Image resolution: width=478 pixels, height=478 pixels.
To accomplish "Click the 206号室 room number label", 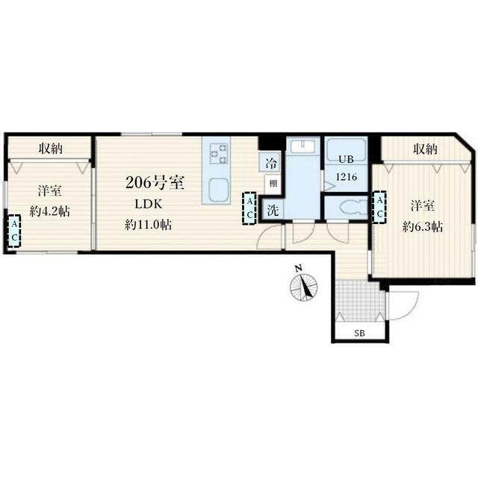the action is click(155, 182).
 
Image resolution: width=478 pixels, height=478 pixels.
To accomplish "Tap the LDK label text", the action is click(149, 204).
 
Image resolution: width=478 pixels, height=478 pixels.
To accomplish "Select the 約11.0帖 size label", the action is click(148, 225).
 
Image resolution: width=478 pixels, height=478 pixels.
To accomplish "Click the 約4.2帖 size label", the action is click(50, 211).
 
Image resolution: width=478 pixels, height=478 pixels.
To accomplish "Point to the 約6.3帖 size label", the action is click(422, 227).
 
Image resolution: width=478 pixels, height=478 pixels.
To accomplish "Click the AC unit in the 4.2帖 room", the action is click(14, 231).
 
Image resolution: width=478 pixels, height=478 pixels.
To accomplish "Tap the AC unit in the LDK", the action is click(249, 208).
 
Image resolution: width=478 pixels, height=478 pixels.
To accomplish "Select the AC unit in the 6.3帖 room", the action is click(379, 207).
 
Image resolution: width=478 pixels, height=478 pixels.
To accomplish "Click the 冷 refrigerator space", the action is click(270, 162).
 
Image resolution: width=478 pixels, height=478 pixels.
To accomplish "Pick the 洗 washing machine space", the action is click(273, 210).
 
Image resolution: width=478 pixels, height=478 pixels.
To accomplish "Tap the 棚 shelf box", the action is click(273, 184).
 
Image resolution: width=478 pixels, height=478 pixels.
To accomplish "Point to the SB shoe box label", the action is click(360, 333).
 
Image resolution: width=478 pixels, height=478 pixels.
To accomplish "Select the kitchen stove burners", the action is click(219, 154).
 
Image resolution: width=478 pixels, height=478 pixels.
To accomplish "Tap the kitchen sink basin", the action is click(219, 190).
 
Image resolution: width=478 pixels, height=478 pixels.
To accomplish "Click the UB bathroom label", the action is click(347, 159).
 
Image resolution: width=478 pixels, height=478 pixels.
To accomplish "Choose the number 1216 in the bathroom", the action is click(347, 176).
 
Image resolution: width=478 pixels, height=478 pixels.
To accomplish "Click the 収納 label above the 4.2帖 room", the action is click(51, 149).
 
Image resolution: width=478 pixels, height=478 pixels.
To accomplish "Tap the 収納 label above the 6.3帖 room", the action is click(425, 149).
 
